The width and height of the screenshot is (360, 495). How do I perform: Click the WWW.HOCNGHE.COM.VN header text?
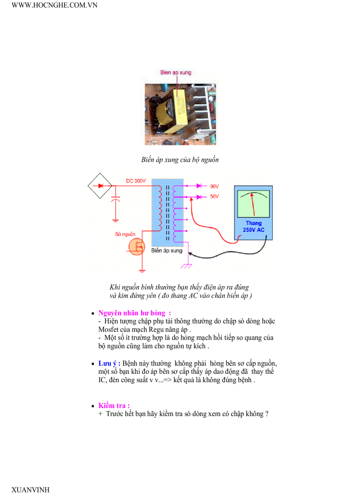pyautogui.click(x=54, y=5)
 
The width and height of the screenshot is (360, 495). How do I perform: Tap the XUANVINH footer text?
pyautogui.click(x=30, y=490)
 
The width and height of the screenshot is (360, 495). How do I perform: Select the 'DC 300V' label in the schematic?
pyautogui.click(x=135, y=181)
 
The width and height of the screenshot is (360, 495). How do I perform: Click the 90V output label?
pyautogui.click(x=214, y=186)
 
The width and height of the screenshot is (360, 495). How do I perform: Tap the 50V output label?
pyautogui.click(x=214, y=197)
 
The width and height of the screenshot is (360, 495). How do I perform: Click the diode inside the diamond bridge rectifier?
pyautogui.click(x=100, y=186)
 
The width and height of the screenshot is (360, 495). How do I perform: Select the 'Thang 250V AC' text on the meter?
pyautogui.click(x=254, y=227)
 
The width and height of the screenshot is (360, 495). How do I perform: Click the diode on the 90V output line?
pyautogui.click(x=199, y=186)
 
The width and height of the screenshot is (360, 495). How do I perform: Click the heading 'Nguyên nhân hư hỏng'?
pyautogui.click(x=131, y=313)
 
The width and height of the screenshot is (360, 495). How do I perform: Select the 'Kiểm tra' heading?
pyautogui.click(x=113, y=406)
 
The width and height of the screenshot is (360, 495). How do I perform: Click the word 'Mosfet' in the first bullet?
pyautogui.click(x=109, y=329)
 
